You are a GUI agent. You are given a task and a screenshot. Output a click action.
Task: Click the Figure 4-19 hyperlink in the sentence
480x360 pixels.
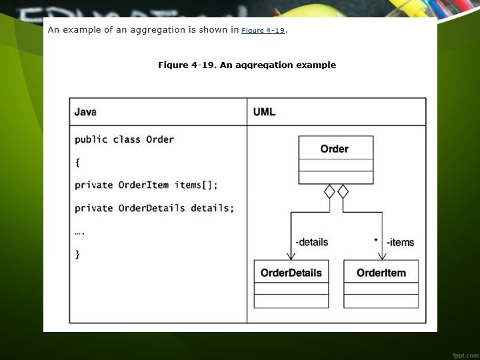coord(263,31)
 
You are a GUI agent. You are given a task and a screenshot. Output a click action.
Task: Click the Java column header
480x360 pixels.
coord(85,112)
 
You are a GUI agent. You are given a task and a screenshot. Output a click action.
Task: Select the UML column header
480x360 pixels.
coord(264,112)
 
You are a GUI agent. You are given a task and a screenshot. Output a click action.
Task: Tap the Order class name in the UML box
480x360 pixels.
coord(334,149)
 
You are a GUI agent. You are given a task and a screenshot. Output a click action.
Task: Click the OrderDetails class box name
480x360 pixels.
coord(291,273)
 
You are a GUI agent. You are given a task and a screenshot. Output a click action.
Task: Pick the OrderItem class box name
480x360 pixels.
coord(381,273)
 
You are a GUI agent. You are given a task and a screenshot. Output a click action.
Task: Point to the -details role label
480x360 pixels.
coord(311,242)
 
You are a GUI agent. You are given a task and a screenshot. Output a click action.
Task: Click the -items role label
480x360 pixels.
coord(400,242)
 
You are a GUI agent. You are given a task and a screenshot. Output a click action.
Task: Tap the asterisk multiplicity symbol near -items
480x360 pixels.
coord(376,241)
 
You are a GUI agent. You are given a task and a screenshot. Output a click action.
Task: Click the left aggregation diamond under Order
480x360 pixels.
coord(329,192)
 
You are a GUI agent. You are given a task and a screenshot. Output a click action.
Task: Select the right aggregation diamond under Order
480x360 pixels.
coord(343,192)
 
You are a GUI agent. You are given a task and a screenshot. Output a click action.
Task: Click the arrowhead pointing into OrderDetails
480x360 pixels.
coord(291,255)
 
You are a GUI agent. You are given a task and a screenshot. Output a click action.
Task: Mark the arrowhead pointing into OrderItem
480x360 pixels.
coord(382,255)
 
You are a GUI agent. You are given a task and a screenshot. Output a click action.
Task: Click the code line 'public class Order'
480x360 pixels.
coord(124,140)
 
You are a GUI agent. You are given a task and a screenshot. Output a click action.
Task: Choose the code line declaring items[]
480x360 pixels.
coord(146,185)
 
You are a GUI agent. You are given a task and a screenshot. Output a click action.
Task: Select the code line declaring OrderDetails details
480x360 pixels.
coord(154,208)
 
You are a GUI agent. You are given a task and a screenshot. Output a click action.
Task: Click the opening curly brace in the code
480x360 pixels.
coord(77,163)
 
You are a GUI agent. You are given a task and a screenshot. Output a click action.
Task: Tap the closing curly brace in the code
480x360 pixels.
coord(77,254)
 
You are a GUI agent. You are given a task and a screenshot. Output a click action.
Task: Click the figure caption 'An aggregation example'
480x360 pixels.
coord(247,65)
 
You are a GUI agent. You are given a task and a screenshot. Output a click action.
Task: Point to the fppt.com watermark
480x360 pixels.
coord(463,351)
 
